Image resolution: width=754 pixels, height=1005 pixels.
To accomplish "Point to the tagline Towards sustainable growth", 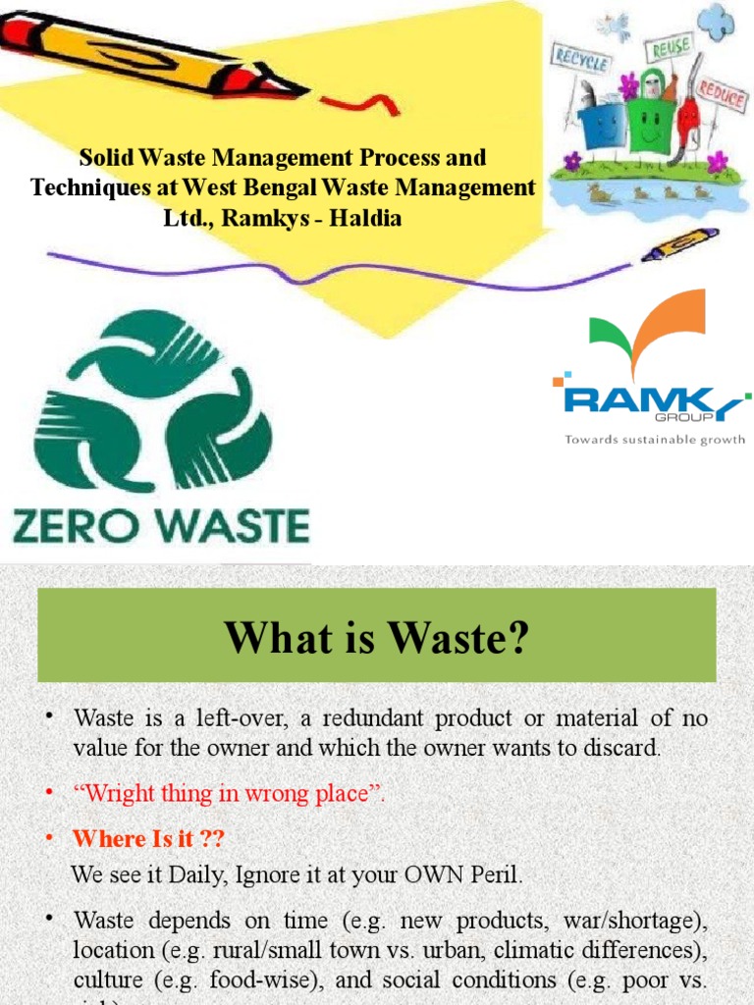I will (655, 440).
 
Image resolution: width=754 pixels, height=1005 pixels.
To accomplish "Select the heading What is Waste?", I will (376, 639).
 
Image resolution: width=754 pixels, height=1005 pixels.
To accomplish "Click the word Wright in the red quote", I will (112, 794).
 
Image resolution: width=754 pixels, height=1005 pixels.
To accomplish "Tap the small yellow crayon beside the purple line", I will (679, 242).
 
